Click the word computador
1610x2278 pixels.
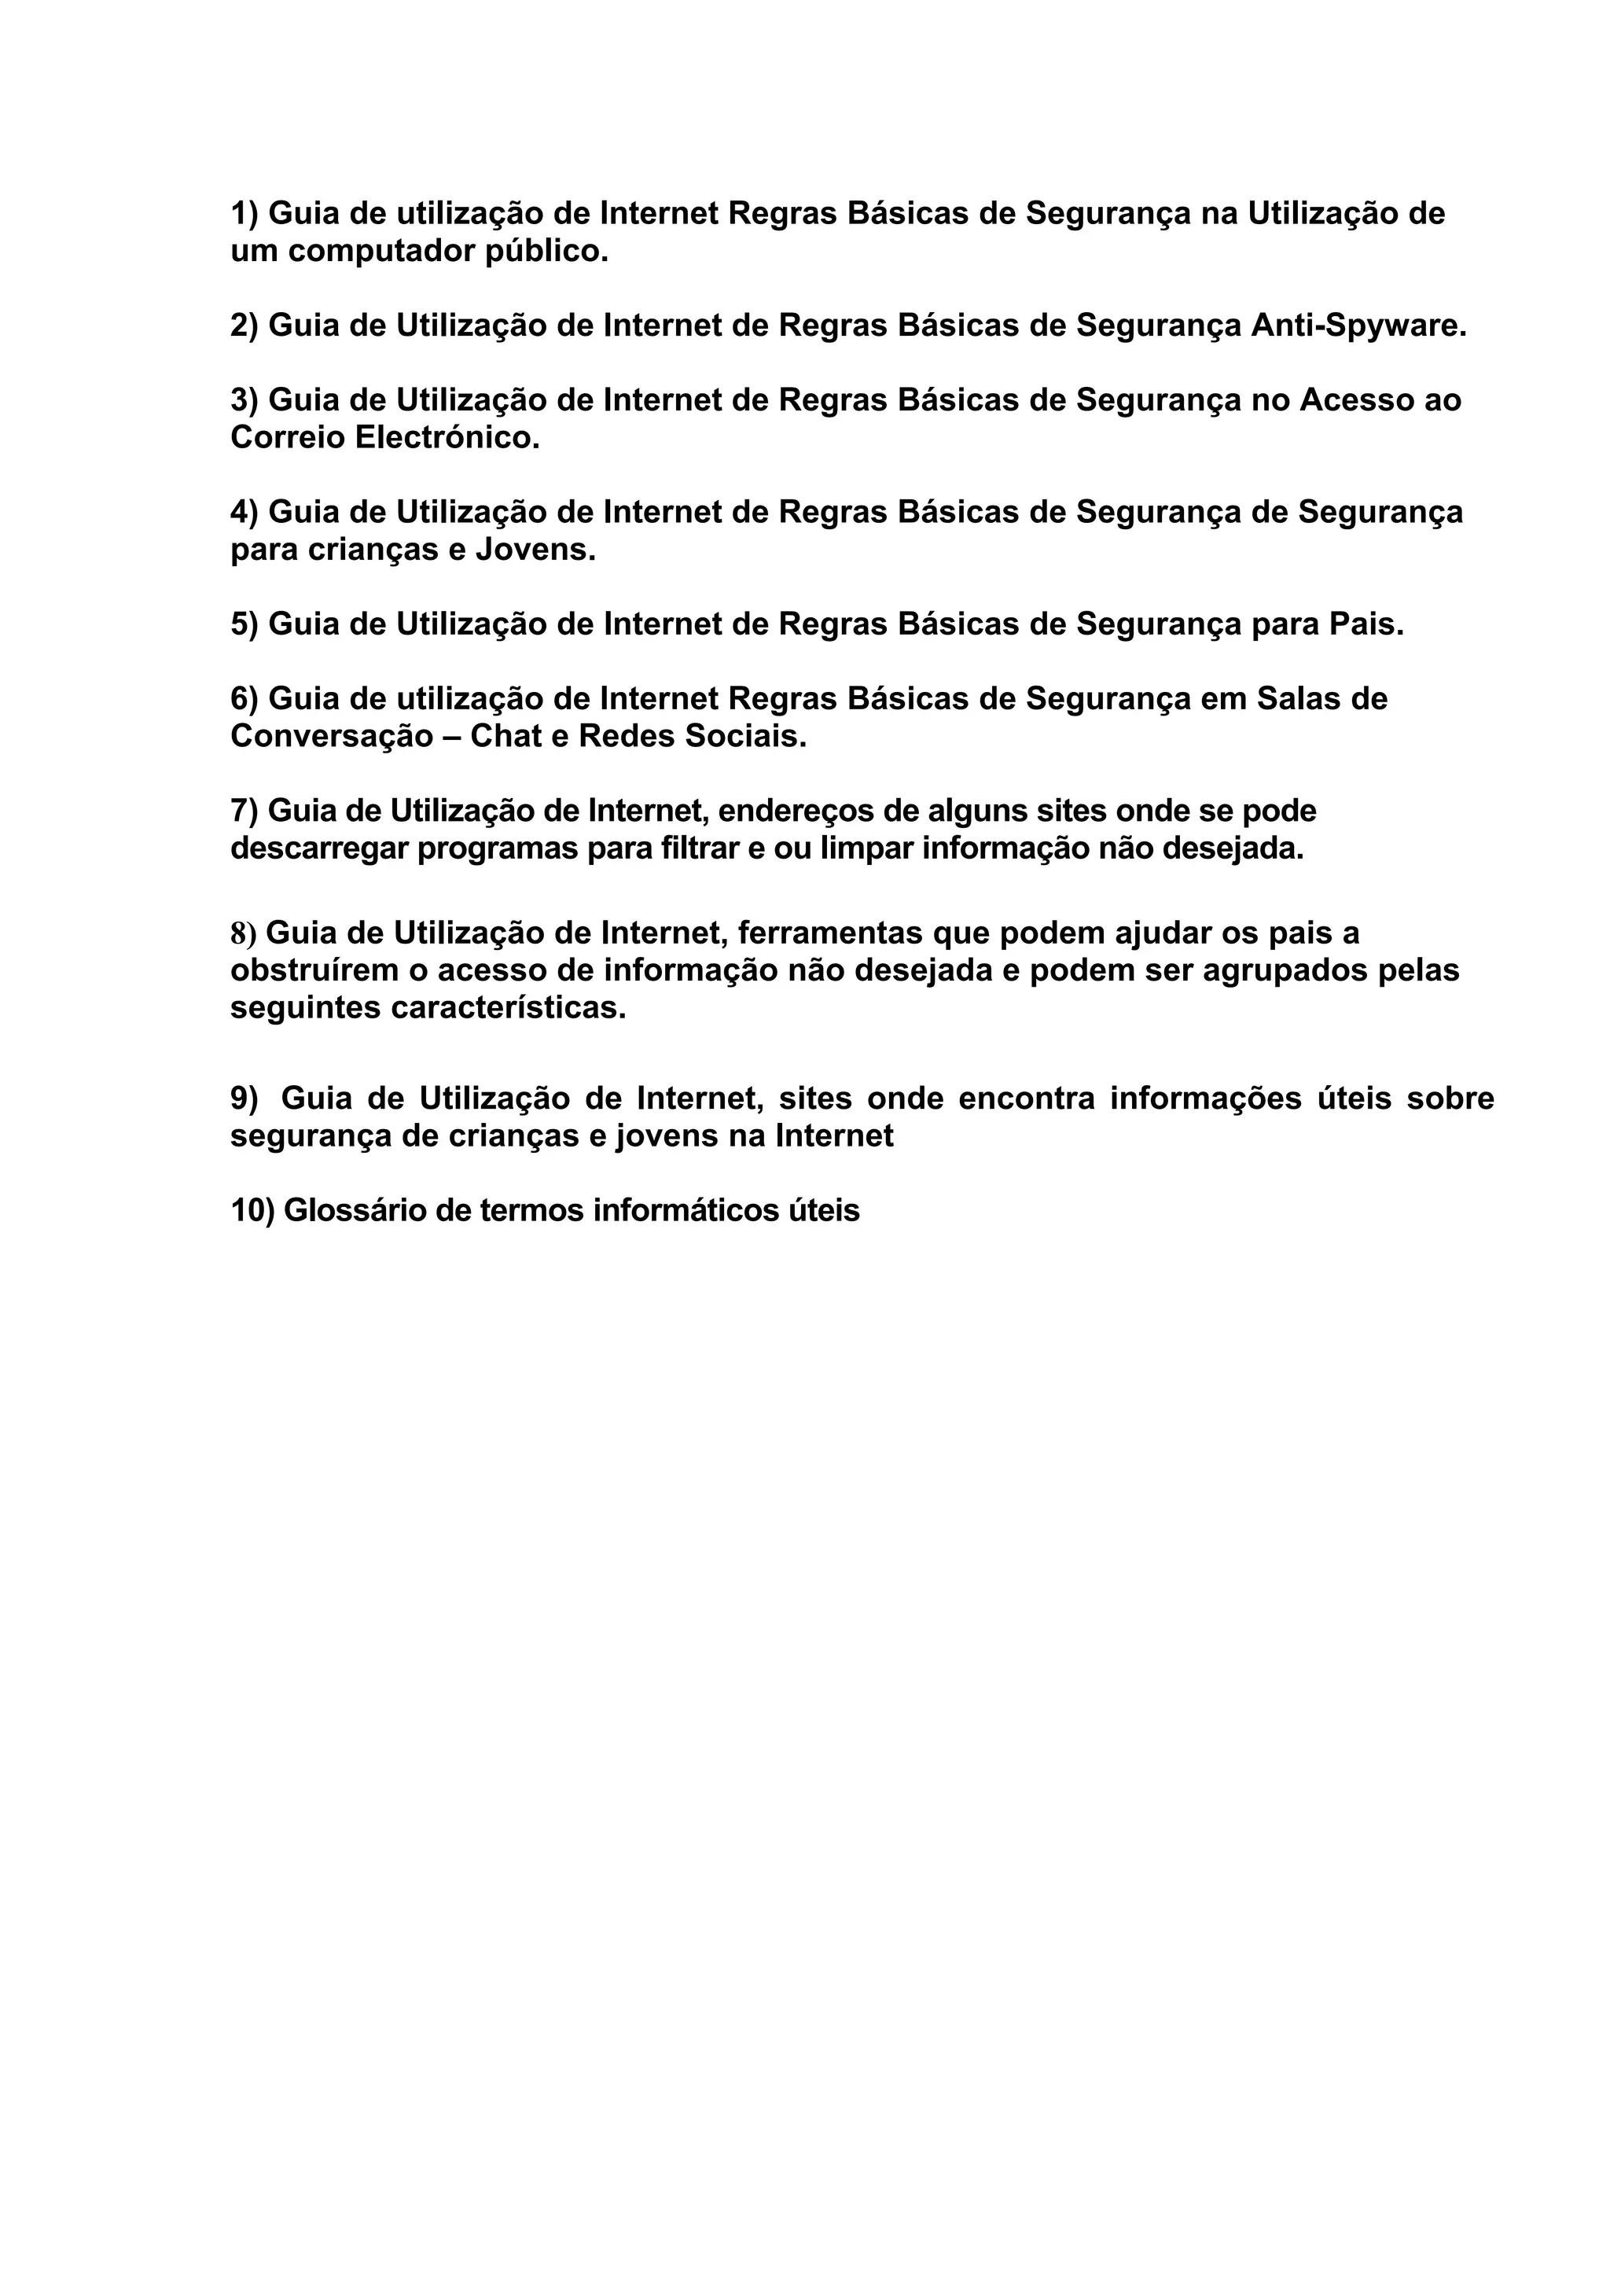coord(382,252)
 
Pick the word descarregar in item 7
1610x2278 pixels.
coord(318,849)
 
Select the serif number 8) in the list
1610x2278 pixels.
coord(243,933)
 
